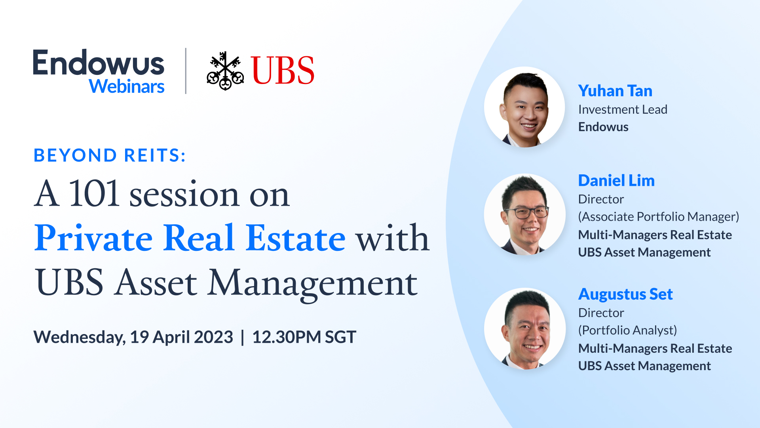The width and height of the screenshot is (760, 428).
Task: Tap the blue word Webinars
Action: pyautogui.click(x=126, y=87)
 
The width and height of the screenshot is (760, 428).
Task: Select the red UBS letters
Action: pyautogui.click(x=282, y=71)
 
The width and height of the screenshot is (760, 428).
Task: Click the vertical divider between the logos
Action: pyautogui.click(x=186, y=71)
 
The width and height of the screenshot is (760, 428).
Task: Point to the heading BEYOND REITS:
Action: pyautogui.click(x=110, y=155)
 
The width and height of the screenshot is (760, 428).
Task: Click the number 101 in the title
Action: pyautogui.click(x=94, y=194)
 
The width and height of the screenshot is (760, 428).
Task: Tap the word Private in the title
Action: pyautogui.click(x=93, y=239)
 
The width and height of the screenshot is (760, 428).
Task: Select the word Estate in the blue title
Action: pyautogui.click(x=295, y=239)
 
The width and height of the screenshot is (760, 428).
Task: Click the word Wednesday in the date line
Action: pyautogui.click(x=79, y=337)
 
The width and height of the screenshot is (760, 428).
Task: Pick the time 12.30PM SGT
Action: pyautogui.click(x=304, y=337)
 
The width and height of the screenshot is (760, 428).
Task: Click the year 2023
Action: pyautogui.click(x=213, y=337)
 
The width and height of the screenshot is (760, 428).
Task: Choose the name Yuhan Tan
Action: pyautogui.click(x=615, y=91)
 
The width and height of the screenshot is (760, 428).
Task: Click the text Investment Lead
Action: pyautogui.click(x=623, y=109)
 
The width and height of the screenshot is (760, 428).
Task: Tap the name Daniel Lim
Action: pyautogui.click(x=616, y=181)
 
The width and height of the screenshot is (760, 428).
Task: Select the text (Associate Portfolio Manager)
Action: pyautogui.click(x=658, y=217)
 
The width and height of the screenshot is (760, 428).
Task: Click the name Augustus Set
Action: pyautogui.click(x=625, y=294)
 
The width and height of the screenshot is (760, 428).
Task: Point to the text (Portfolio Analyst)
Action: pyautogui.click(x=627, y=330)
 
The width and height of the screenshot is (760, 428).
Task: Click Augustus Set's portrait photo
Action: pyautogui.click(x=525, y=329)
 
